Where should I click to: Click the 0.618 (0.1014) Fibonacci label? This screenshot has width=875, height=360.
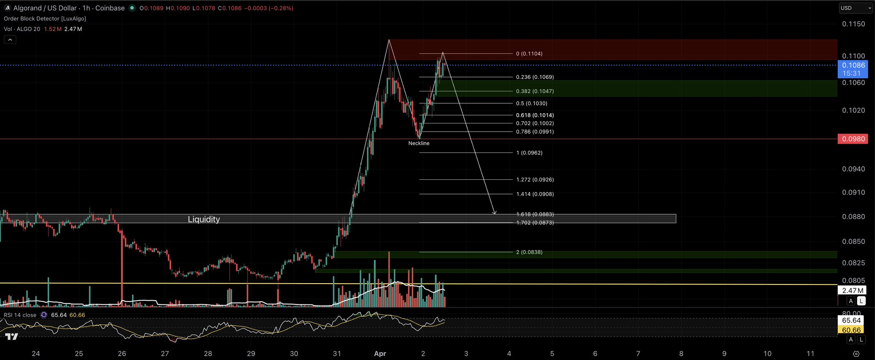coord(535,115)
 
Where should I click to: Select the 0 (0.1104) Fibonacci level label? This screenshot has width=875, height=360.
coord(529,54)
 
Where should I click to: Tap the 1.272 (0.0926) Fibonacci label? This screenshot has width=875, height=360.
coord(535,180)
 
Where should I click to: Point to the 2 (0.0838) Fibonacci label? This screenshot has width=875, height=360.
coord(529,252)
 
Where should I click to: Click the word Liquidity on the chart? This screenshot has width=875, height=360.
coord(204,219)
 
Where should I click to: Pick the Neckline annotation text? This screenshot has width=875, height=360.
coord(419,143)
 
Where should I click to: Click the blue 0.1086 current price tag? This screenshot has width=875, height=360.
coord(853,65)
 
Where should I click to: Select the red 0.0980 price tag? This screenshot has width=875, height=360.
coord(853,139)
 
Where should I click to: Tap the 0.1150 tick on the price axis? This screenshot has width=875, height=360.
coord(853,24)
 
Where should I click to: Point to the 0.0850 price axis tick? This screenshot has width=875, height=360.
coord(853,242)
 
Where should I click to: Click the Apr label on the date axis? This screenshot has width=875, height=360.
coord(380,354)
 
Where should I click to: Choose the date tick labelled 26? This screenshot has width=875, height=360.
coord(122,354)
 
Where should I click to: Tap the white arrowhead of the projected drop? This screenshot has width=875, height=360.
coord(494,212)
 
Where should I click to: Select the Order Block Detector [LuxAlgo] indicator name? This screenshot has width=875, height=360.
coord(45,19)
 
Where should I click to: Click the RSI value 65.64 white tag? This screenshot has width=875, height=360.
coord(851,320)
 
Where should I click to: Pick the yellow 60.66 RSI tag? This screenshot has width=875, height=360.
coord(851,330)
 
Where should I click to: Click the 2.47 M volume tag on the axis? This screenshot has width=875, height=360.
coord(851,291)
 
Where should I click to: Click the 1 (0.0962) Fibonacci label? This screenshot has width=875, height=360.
coord(529,153)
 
